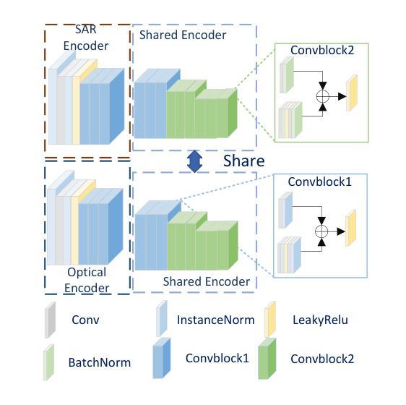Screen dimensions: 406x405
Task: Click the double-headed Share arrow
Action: (195, 161)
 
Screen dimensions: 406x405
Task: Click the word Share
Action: (244, 161)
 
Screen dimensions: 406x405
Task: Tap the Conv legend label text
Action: (85, 320)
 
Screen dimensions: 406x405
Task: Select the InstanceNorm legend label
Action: (216, 320)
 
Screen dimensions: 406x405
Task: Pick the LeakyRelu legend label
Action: (320, 320)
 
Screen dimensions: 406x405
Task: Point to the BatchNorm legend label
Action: (100, 362)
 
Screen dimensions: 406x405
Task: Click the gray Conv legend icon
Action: (50, 320)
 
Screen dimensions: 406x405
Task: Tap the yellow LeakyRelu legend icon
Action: (270, 319)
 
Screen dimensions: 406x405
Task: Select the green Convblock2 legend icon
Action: (267, 359)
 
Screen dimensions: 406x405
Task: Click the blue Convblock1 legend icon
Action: (162, 358)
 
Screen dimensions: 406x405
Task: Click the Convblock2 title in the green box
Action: (322, 50)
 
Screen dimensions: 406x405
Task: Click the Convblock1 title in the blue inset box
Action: (320, 182)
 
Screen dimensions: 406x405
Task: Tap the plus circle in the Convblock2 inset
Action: (323, 96)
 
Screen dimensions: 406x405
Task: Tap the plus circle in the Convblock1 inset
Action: (321, 231)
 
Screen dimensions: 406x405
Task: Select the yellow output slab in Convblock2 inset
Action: (352, 93)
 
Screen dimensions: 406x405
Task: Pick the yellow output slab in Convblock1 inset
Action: (351, 228)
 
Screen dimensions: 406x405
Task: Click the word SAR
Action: (86, 30)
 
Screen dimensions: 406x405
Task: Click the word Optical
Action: (87, 272)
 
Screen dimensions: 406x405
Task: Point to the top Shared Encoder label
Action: (183, 35)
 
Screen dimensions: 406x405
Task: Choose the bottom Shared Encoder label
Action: (207, 281)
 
